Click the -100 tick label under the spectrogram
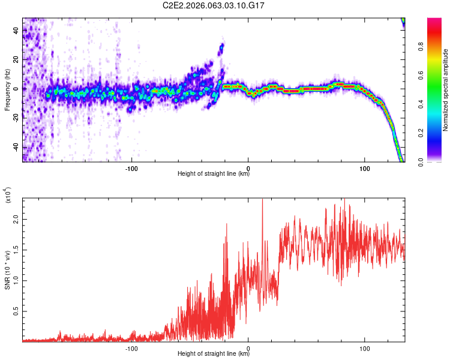click(x=132, y=169)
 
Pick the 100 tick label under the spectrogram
click(x=365, y=169)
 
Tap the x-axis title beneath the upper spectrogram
click(x=214, y=175)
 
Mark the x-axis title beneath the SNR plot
click(x=214, y=355)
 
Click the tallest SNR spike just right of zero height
click(x=262, y=201)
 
